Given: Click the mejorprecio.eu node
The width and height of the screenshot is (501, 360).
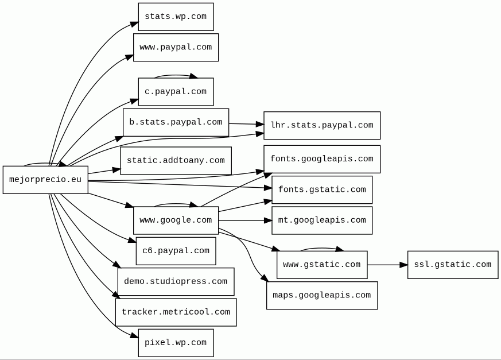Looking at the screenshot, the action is tap(45, 180).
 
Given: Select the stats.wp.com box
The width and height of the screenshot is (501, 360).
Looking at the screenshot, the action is tap(176, 17).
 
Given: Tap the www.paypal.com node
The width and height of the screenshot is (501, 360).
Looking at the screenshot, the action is tap(176, 47).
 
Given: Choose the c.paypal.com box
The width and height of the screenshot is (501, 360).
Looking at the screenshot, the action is tap(176, 92).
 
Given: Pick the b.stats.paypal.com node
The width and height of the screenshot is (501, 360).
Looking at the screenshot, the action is tap(176, 122).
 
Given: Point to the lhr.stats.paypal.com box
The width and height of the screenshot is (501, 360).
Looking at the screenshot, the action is tap(322, 125).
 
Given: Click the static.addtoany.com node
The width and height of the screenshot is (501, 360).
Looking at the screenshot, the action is tap(176, 161).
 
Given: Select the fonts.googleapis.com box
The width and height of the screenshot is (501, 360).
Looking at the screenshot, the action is tap(322, 159).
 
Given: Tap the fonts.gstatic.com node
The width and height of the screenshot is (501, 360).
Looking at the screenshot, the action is tap(322, 189).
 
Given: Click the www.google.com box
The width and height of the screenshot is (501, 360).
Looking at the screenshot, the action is tap(176, 220).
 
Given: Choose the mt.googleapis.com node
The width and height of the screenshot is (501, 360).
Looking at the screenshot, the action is tap(322, 220).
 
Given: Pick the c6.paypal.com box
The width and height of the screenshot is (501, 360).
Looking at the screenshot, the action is tap(176, 251).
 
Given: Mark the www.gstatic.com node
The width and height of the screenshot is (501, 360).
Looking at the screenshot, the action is tap(322, 265).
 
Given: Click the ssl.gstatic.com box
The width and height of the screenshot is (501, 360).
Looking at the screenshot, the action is tap(453, 265).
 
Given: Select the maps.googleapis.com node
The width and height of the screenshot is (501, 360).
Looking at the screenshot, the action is tap(322, 296).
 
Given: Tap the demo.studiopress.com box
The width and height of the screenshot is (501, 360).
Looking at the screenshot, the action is tap(176, 282).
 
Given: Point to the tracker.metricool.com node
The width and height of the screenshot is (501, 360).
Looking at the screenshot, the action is tap(176, 312).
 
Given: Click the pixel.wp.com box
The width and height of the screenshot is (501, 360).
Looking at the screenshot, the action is tap(176, 343).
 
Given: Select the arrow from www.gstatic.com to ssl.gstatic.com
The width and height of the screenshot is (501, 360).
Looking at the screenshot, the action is tap(387, 265).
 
